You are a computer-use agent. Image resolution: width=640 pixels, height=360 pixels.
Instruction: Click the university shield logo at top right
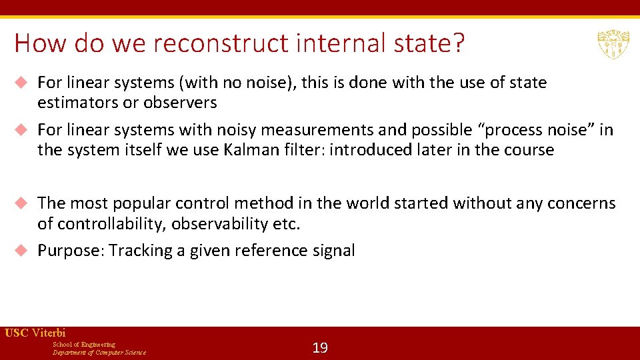(611, 44)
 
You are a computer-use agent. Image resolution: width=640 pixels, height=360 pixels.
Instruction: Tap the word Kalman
(247, 150)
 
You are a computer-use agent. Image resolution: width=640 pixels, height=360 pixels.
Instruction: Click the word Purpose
(70, 251)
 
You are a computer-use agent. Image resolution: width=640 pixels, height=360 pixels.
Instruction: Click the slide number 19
(320, 348)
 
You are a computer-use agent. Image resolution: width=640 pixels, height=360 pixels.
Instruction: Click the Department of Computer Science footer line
(99, 353)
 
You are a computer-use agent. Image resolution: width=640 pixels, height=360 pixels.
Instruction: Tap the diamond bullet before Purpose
(21, 251)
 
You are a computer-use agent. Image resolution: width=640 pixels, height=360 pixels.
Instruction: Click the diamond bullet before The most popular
(21, 203)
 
